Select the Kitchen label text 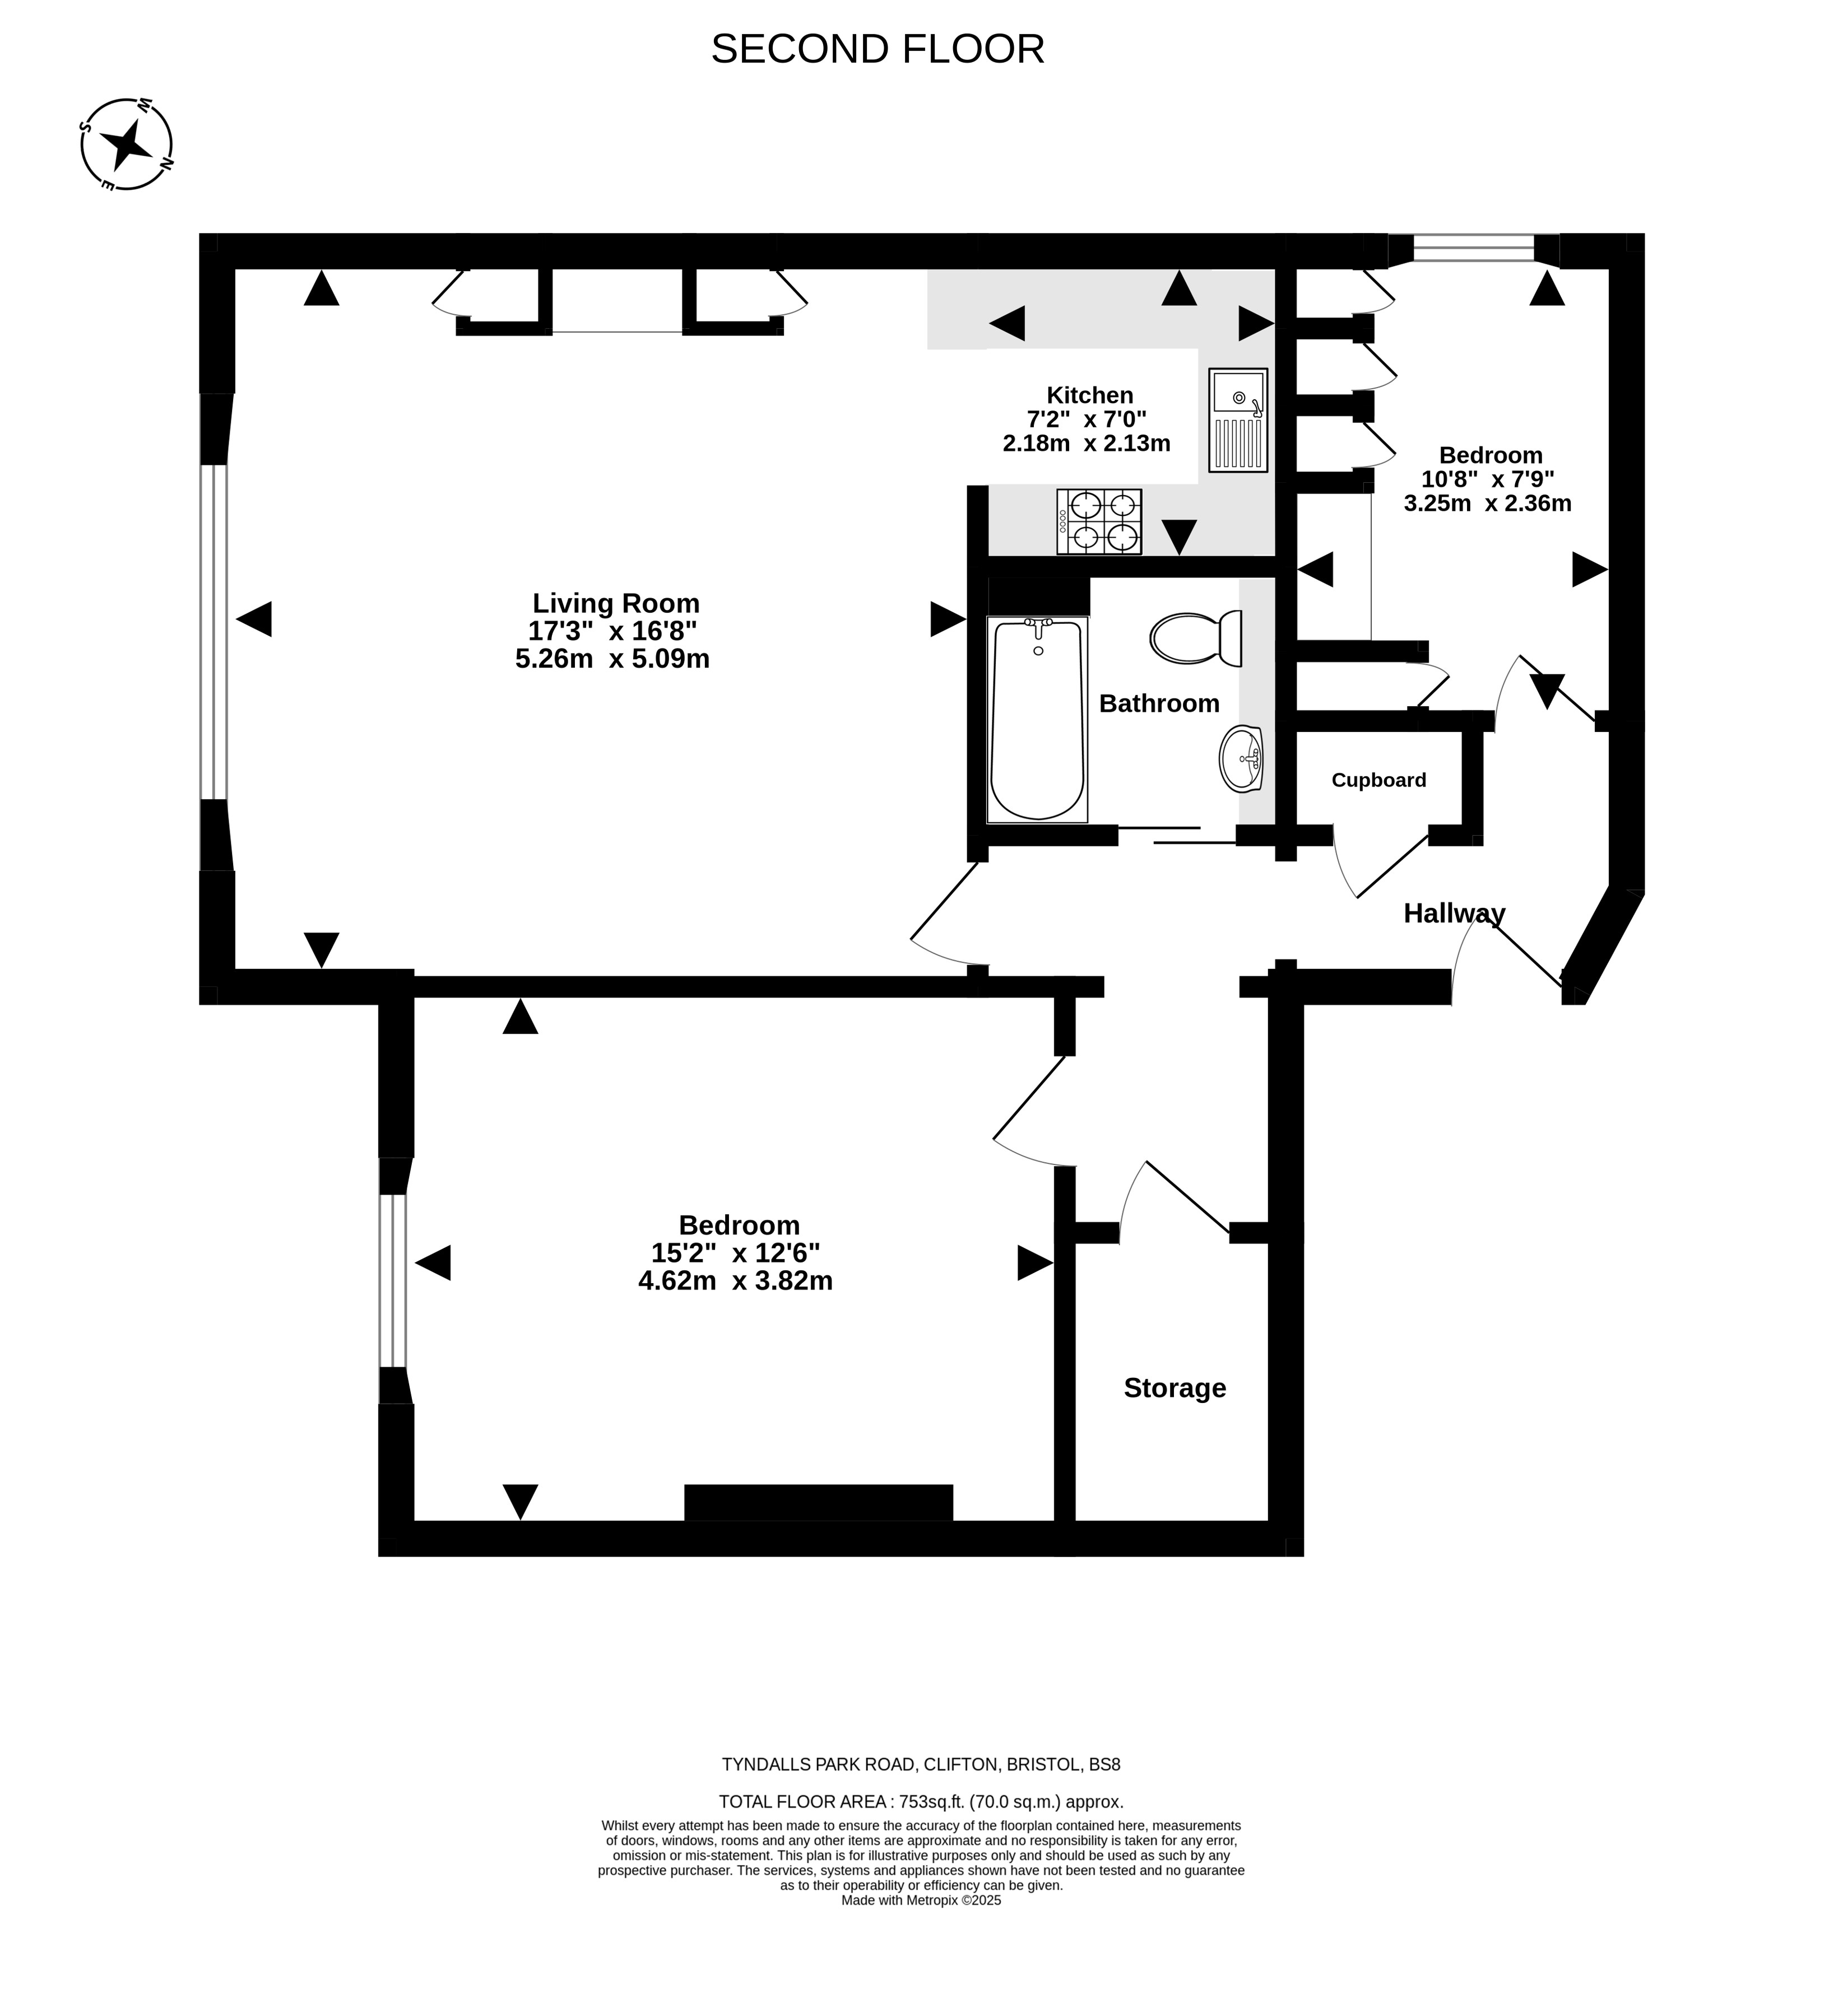(x=1089, y=395)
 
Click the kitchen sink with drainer (x=1238, y=420)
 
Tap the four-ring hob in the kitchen (x=1099, y=521)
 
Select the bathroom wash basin (x=1241, y=759)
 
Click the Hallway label (x=1454, y=914)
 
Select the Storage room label (x=1175, y=1388)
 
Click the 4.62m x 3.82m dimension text (x=735, y=1281)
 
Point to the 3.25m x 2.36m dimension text (x=1487, y=504)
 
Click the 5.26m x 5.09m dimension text (x=612, y=659)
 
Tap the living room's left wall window (x=213, y=632)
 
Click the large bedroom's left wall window (x=393, y=1280)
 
